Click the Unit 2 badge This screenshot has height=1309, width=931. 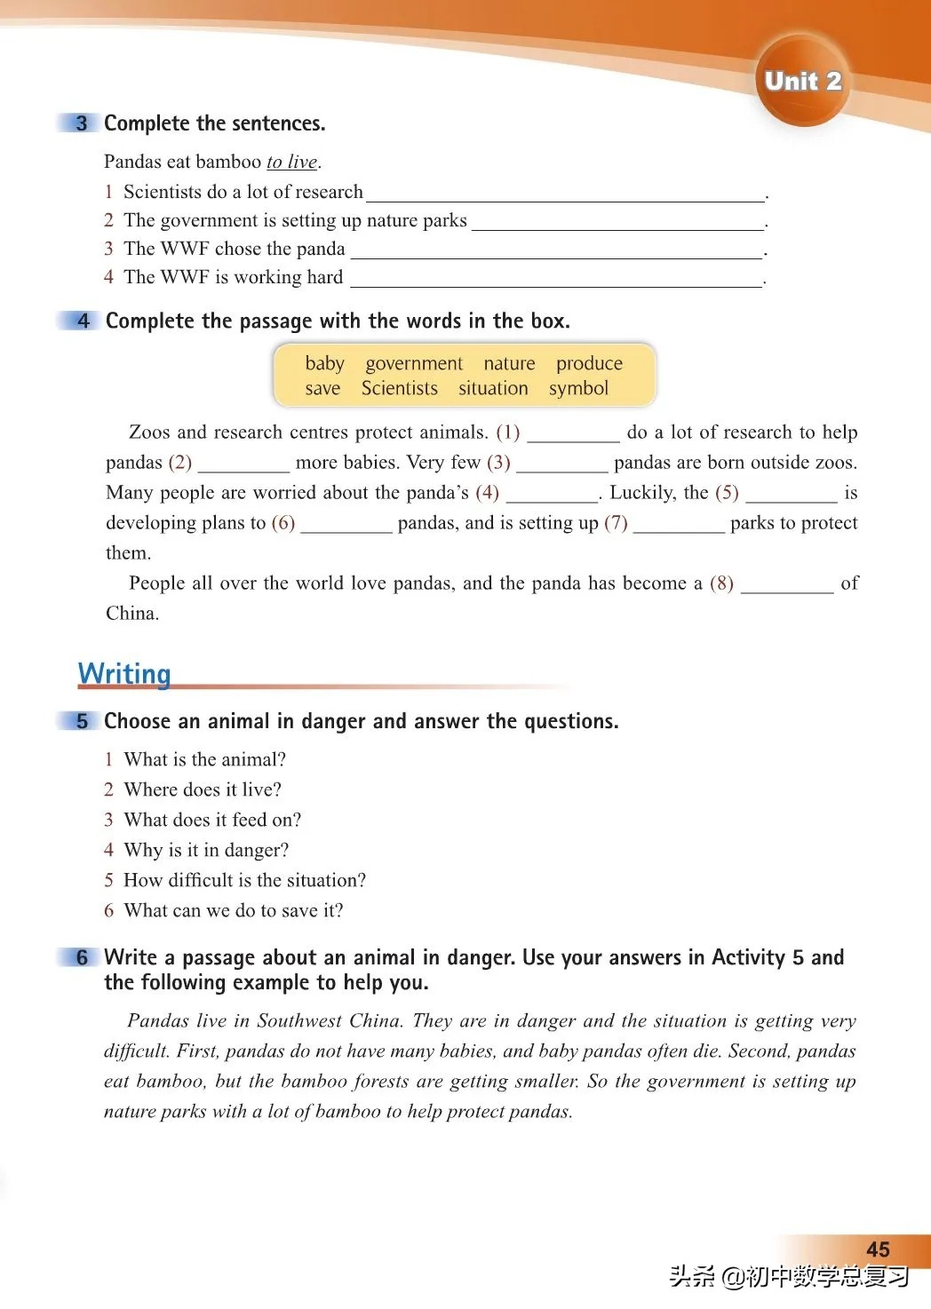coord(802,81)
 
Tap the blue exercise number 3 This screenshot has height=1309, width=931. coord(82,123)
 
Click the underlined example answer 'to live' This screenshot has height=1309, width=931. coord(291,162)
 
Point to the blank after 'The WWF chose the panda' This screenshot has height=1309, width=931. coord(556,250)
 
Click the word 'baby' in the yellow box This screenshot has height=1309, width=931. coord(324,363)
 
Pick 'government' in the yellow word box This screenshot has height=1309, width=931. coord(414,363)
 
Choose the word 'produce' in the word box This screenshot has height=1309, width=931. coord(589,363)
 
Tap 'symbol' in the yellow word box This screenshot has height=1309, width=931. coord(578,388)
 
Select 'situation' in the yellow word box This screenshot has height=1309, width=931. coord(493,388)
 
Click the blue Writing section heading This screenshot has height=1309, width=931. coord(123,673)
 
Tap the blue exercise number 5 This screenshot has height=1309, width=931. coord(82,720)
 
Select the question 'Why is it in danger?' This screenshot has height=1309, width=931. coord(206,850)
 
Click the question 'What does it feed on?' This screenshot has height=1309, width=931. coord(212,820)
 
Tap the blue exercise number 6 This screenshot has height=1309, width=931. coord(82,957)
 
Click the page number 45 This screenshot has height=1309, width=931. coord(878,1249)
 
